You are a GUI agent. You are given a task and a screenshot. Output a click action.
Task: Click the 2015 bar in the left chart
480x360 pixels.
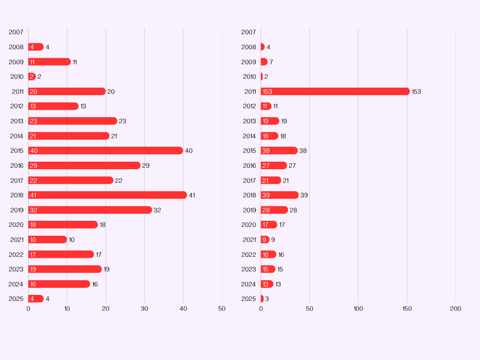105,150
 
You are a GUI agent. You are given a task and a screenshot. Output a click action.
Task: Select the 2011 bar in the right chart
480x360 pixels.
335,91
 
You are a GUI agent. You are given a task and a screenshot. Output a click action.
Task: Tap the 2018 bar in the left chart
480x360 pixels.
107,195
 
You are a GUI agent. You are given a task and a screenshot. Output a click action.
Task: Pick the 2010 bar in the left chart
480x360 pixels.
32,76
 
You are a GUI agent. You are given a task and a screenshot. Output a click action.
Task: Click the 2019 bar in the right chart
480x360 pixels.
274,210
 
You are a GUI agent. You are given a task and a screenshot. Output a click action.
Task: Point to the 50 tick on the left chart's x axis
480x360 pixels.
222,309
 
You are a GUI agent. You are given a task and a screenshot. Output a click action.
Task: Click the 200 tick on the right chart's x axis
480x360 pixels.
455,309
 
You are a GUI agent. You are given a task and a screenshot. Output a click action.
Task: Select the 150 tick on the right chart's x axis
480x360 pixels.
407,309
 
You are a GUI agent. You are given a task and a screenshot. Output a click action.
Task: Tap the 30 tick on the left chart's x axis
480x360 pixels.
144,309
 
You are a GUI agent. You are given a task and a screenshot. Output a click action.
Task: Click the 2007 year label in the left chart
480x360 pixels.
16,32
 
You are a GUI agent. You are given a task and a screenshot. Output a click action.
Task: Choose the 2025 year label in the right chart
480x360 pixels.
248,299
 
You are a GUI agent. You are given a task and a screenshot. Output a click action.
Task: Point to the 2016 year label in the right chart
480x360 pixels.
249,165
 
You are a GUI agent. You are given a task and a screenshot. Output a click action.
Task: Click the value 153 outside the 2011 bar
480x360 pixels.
416,91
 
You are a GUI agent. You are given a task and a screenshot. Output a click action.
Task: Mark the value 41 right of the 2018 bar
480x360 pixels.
192,195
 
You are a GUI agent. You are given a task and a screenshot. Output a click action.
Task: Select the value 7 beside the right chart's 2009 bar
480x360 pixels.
271,62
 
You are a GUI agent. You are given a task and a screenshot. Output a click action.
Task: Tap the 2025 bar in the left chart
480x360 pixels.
36,299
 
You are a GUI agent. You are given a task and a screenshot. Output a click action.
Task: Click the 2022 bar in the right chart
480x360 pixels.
269,255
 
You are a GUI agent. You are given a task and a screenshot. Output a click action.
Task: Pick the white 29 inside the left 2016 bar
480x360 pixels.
33,165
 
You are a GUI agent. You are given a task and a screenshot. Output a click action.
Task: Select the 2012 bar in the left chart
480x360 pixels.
53,106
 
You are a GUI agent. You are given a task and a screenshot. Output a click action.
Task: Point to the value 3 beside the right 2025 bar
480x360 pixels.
267,299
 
